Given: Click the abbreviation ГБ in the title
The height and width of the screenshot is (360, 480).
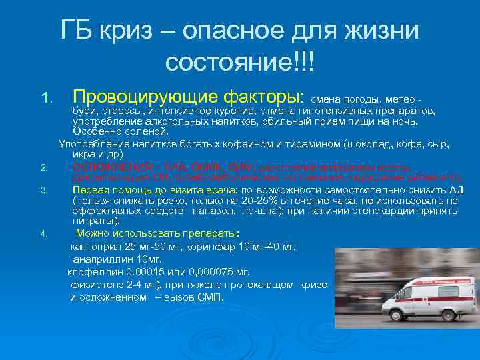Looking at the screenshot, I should pos(78,30).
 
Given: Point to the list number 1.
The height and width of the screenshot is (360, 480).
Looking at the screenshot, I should pos(45,98).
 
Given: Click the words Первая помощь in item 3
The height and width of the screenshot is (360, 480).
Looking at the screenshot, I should pos(106,189).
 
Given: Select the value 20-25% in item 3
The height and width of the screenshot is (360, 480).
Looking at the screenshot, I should pos(239,199).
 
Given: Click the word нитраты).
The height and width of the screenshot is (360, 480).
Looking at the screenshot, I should pos(97,221).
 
